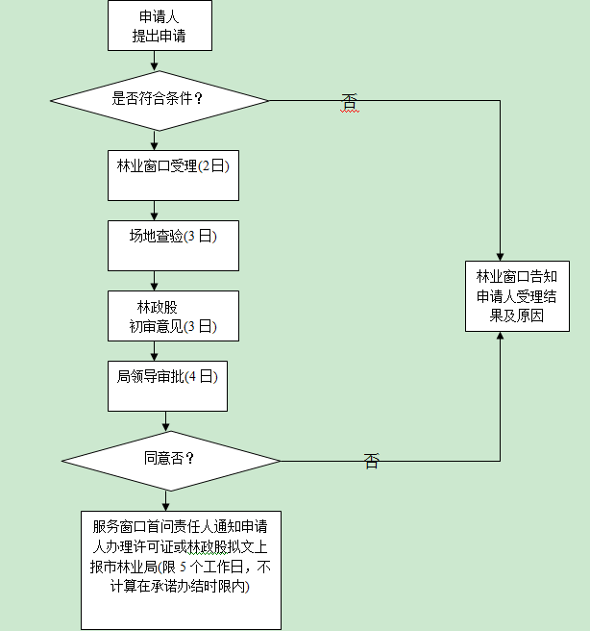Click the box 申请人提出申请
(x=159, y=27)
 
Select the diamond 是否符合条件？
(x=159, y=98)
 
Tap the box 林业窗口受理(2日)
(x=173, y=174)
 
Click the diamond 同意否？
(x=170, y=459)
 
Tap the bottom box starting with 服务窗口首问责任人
(x=181, y=568)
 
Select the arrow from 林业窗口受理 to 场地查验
(x=154, y=211)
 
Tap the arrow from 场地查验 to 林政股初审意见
(x=154, y=280)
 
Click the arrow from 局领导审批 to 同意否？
(x=167, y=420)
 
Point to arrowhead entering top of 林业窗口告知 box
(x=501, y=254)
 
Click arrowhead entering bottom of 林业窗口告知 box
(x=501, y=339)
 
